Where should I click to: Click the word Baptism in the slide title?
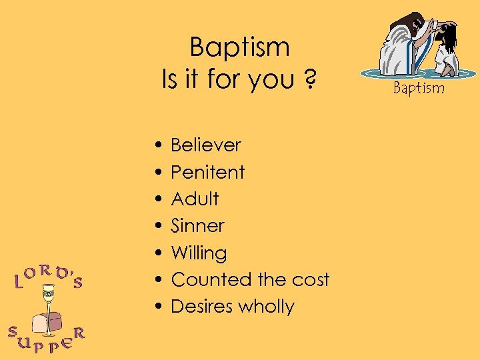pos(239,48)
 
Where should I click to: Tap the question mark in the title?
pos(309,80)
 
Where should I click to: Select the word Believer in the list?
pos(206,145)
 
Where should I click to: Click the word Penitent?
pos(208,172)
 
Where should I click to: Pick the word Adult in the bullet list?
pos(195,199)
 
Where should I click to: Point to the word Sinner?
pos(197,225)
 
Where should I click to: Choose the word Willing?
pos(199,253)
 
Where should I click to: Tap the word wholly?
pos(266,307)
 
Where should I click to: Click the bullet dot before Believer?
pos(155,145)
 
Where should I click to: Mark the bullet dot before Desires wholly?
pos(155,307)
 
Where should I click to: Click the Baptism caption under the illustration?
pos(418,87)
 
